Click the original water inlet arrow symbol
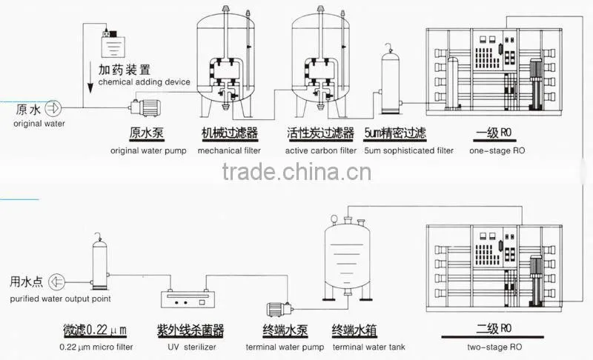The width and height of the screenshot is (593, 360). point(53,108)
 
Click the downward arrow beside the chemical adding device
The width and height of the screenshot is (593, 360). point(90,78)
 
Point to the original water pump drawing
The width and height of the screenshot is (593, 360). point(145,107)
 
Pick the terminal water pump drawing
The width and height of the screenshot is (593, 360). point(280,310)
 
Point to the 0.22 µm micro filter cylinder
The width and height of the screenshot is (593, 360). point(100,261)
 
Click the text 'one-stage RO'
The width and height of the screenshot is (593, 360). point(497,150)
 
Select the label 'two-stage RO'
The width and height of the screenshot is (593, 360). point(494,347)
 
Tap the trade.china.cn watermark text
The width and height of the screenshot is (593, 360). point(296,172)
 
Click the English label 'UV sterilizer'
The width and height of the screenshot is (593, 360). point(192,347)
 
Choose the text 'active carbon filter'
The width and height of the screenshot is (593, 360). point(321,150)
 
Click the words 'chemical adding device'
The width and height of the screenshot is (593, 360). point(144,82)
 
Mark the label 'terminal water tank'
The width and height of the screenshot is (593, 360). point(368,347)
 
